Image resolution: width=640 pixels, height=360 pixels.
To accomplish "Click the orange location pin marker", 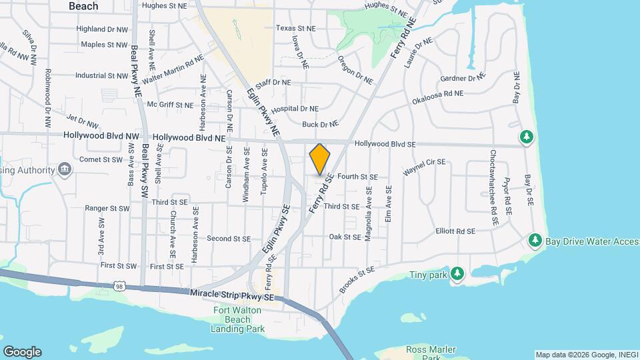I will tap(320, 159).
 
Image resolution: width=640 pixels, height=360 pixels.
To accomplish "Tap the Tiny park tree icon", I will tap(457, 273).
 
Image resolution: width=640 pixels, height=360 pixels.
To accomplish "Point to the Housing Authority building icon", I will tap(65, 169).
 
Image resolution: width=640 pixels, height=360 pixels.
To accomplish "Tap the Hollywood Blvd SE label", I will tap(385, 144).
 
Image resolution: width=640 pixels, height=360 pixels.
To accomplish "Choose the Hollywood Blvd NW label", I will tap(97, 135).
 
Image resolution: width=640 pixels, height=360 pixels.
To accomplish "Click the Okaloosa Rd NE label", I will tap(437, 94).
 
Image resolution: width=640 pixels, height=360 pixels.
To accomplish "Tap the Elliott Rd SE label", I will tap(455, 231).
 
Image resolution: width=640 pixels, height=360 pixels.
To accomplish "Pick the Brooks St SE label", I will tap(357, 274).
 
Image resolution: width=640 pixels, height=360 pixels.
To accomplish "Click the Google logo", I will tap(22, 352).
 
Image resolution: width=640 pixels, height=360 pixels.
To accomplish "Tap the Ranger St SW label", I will tap(107, 208).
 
